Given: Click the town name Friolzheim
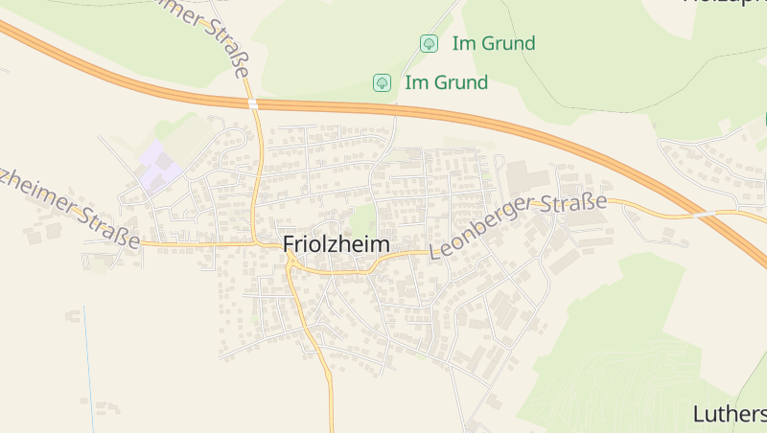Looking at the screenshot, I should (337, 244).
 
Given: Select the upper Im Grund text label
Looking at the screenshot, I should (493, 43).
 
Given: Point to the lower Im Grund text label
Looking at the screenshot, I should (446, 82).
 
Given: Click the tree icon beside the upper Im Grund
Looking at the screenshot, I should (429, 43).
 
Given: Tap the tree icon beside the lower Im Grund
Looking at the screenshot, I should (382, 82).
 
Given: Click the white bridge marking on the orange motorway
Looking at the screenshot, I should (252, 103).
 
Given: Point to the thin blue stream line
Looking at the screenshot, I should (88, 354).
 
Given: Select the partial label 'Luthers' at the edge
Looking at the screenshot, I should (730, 414).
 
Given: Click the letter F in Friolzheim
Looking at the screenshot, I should (289, 244).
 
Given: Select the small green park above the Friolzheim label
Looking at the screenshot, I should (361, 218).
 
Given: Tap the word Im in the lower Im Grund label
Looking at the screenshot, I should (415, 82).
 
